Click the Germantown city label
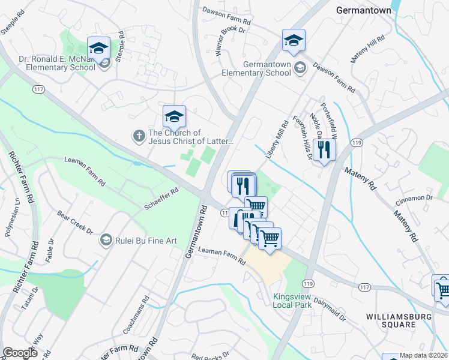pos(363,10)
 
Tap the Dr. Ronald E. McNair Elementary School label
pos(56,62)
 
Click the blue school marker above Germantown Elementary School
pos(294,40)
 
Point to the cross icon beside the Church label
pos(139,136)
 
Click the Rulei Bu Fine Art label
pos(146,241)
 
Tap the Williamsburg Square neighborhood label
pos(391,320)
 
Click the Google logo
pos(20,353)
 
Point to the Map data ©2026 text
pos(424,355)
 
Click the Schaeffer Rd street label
pos(161,199)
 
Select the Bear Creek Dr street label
pos(75,222)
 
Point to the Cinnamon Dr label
pos(414,197)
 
